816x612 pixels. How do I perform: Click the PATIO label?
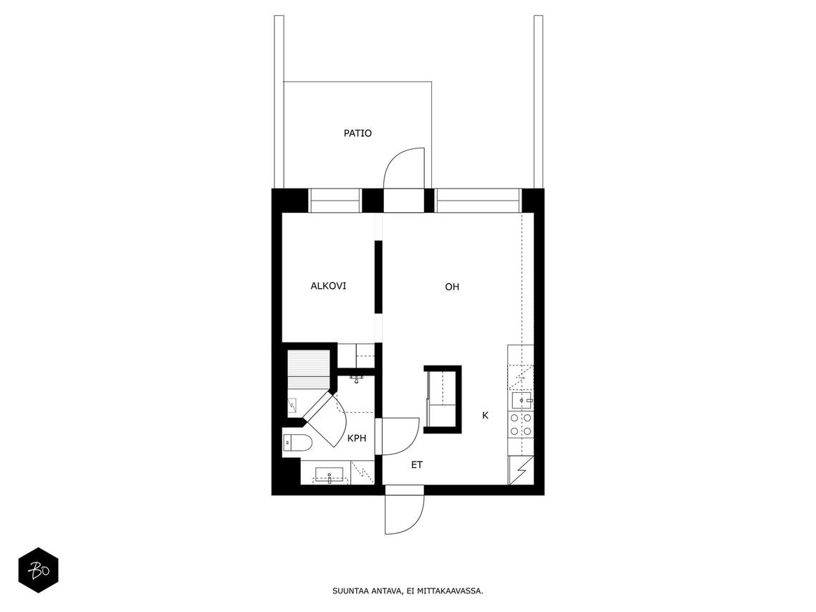[357, 133]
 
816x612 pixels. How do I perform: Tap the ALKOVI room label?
[328, 286]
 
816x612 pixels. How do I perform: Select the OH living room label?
[452, 286]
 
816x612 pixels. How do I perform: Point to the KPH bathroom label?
[357, 438]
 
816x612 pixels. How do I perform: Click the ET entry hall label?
[417, 464]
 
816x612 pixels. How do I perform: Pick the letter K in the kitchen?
[485, 416]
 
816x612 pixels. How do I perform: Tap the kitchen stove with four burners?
[521, 424]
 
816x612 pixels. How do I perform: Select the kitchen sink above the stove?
[522, 401]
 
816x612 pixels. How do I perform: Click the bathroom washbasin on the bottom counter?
[329, 475]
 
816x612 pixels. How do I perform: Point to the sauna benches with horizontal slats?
[309, 370]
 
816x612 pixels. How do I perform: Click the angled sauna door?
[328, 416]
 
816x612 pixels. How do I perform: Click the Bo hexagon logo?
[39, 570]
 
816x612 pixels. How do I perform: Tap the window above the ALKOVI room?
[335, 201]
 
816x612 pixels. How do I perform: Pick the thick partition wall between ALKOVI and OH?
[378, 277]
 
